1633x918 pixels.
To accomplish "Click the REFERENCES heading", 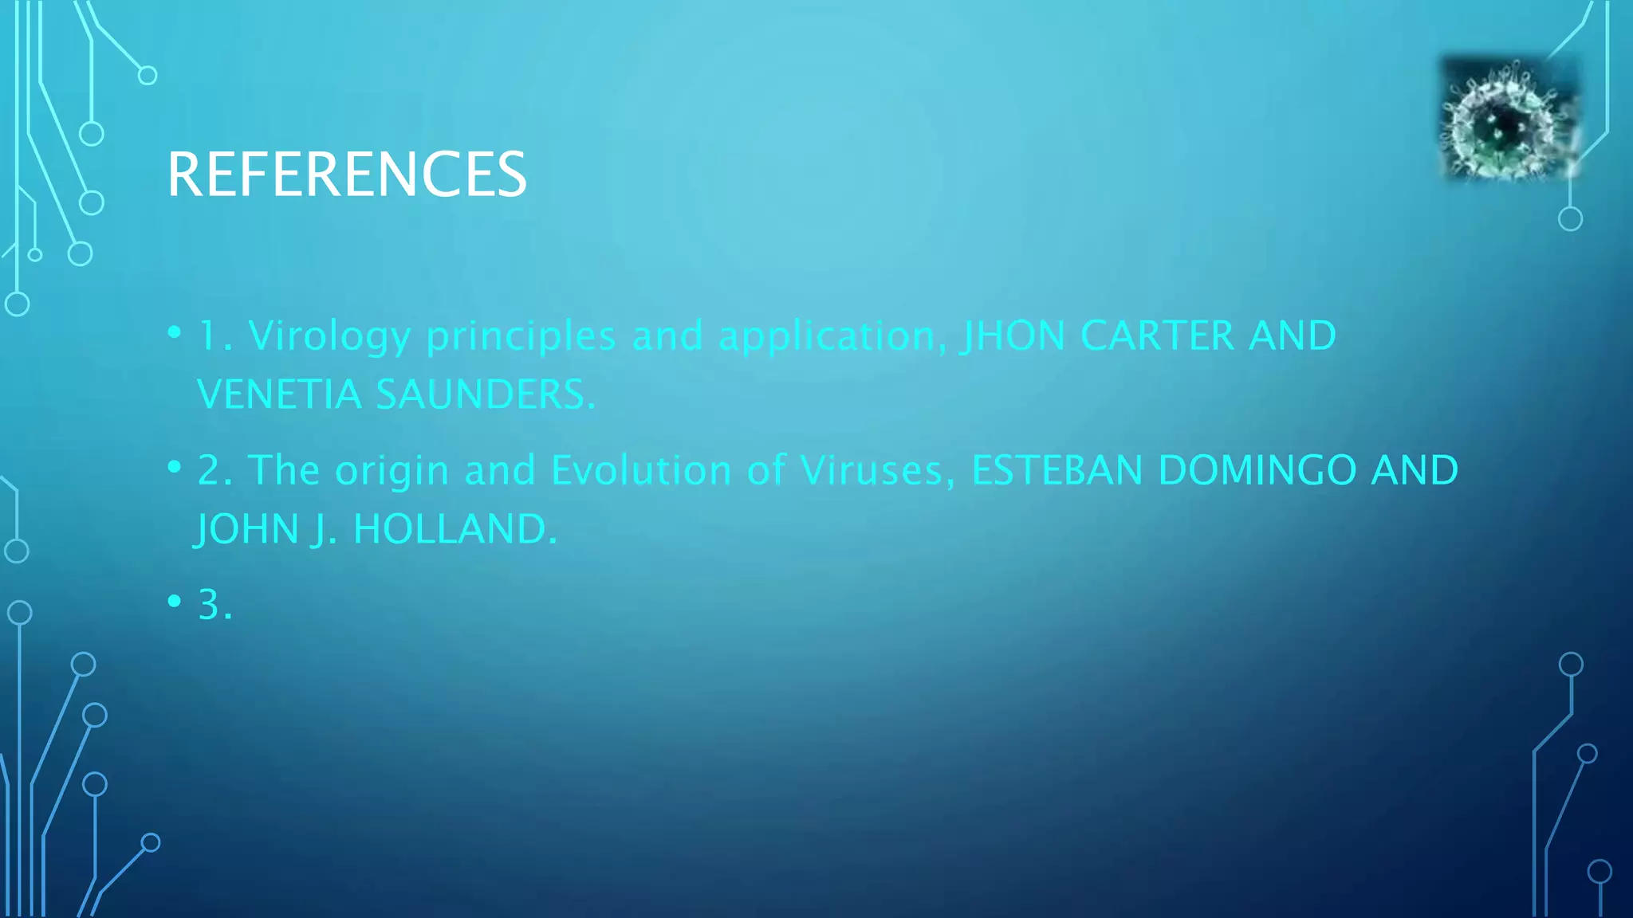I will click(x=347, y=175).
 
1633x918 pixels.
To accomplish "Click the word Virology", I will click(x=329, y=335).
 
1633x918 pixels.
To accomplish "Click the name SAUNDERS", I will click(x=485, y=394).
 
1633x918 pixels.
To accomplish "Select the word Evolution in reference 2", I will click(x=641, y=470).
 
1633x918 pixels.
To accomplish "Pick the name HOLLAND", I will click(x=454, y=529).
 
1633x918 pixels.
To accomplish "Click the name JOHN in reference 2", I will click(x=247, y=529).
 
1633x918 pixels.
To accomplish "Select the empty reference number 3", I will click(x=214, y=605).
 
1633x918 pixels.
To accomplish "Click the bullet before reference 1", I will click(x=175, y=332).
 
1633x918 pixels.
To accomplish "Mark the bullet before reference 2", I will click(x=175, y=467).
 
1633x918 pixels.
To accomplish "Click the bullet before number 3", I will click(x=175, y=602).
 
